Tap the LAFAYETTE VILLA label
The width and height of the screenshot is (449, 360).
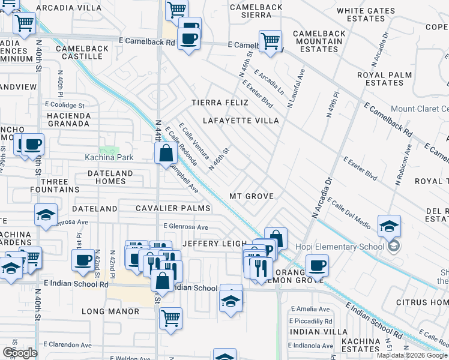coord(241,121)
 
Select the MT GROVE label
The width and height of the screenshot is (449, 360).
coord(252,196)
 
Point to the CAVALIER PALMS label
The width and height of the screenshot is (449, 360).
coord(173,208)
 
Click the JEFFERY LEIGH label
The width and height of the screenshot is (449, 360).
coord(214,243)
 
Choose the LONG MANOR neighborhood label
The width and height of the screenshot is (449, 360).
coord(110,311)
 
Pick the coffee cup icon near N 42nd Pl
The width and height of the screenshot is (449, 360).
coord(83,260)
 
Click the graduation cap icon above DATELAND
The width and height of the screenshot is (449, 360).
coord(46,215)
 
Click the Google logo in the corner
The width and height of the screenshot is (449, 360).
coord(19,353)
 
